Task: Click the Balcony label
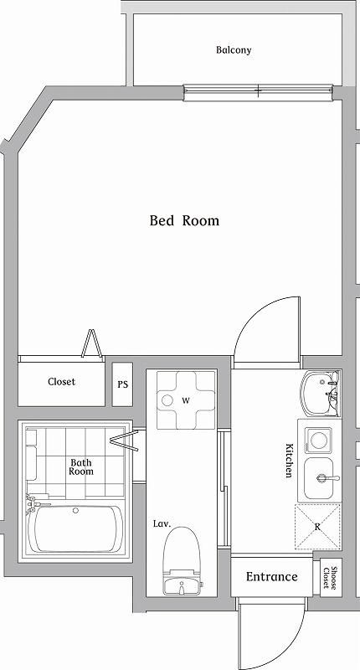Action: [x=234, y=50]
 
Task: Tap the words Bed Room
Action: [x=184, y=220]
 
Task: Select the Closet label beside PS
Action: [x=61, y=382]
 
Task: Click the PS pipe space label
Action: [x=122, y=384]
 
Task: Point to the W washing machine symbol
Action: [x=186, y=400]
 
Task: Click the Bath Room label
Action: [x=81, y=466]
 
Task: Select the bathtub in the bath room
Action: [x=75, y=528]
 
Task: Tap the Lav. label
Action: [x=162, y=523]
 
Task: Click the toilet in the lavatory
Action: [x=182, y=560]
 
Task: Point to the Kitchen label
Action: [x=289, y=460]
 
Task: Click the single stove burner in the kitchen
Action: [x=318, y=441]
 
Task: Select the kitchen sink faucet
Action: [x=327, y=478]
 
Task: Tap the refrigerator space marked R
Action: [x=318, y=527]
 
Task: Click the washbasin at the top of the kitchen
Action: [x=321, y=394]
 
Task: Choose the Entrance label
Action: [x=271, y=577]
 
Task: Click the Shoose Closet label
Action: [x=329, y=578]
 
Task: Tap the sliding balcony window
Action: [x=258, y=93]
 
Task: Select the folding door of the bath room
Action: [x=124, y=441]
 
